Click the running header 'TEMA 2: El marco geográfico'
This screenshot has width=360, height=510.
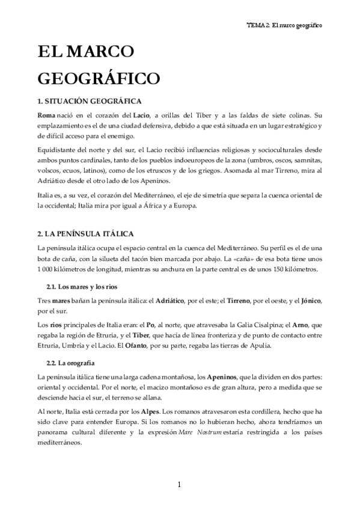285,26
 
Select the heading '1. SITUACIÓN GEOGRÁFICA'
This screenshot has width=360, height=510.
90,101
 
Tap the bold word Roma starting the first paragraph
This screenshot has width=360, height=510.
47,115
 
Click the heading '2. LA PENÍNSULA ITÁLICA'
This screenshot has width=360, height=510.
85,233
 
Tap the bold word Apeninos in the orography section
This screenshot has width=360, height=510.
225,376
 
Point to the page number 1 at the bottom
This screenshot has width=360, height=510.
180,485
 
